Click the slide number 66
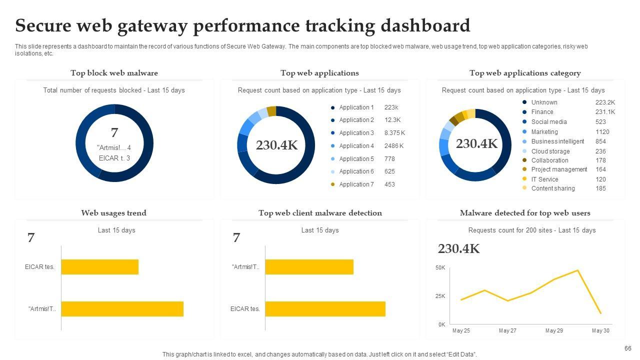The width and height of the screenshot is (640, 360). click(628, 348)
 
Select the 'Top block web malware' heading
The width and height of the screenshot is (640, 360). click(114, 73)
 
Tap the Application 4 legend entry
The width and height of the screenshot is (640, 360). click(356, 146)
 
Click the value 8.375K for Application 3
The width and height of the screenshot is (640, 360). click(394, 133)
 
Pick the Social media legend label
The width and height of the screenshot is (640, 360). click(548, 122)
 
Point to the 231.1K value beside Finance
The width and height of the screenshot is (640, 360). click(605, 112)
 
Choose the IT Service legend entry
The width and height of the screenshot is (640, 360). click(544, 179)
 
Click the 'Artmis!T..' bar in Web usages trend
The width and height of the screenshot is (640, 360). click(122, 309)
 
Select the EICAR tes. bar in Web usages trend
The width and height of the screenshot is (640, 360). click(99, 267)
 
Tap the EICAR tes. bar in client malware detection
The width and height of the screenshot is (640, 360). click(325, 309)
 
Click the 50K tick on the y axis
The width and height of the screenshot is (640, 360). click(440, 268)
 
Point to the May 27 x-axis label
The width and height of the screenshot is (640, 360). click(507, 330)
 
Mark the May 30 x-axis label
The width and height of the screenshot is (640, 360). click(600, 330)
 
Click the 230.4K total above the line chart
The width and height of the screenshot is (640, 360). click(458, 249)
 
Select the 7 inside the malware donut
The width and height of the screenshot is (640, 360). click(114, 133)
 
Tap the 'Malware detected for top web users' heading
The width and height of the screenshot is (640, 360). click(525, 213)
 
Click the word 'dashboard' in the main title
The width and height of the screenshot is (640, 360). click(425, 25)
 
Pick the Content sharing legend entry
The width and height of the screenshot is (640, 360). click(552, 188)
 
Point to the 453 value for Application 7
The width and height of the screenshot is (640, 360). click(389, 184)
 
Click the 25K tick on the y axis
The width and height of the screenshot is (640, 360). click(440, 296)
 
